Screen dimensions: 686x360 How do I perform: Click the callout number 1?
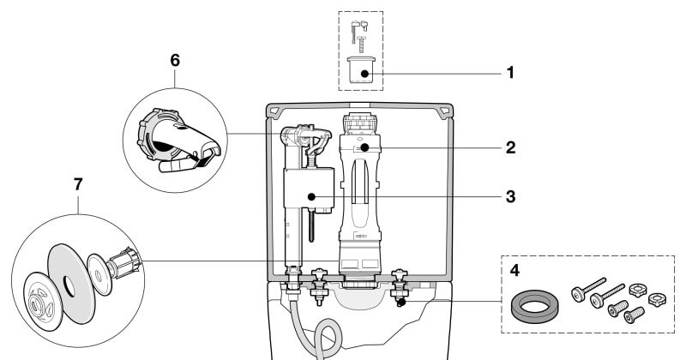click(510, 73)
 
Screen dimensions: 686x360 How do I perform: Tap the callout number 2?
click(510, 147)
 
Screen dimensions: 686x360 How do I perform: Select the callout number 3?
click(510, 197)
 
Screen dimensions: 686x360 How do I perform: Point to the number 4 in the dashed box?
click(515, 270)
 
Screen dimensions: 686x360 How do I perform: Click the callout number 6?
click(175, 60)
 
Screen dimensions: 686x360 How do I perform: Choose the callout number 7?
click(78, 184)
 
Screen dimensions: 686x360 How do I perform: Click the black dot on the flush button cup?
click(364, 74)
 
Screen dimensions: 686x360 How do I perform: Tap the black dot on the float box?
click(311, 197)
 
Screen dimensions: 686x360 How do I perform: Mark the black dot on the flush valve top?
click(364, 147)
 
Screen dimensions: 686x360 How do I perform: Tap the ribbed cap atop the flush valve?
click(360, 123)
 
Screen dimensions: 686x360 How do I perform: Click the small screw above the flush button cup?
click(361, 45)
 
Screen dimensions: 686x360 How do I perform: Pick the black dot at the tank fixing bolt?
click(401, 302)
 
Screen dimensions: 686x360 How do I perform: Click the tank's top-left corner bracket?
click(275, 111)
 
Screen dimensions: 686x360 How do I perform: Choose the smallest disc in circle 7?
click(99, 274)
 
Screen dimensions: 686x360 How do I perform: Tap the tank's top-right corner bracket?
click(444, 111)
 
